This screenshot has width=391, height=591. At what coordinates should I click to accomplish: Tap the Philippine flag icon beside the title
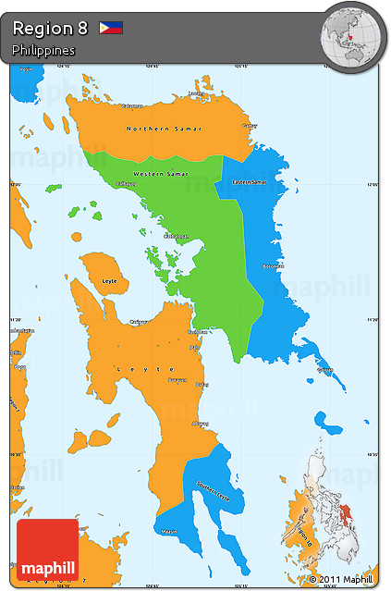[x=111, y=28]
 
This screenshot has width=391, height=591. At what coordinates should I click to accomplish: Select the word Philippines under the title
[x=43, y=50]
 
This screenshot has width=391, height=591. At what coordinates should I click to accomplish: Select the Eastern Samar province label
[x=249, y=182]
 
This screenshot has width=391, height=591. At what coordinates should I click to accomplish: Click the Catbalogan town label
[x=177, y=236]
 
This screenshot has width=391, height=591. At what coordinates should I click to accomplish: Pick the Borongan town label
[x=273, y=266]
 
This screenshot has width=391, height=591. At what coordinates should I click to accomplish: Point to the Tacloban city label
[x=198, y=331]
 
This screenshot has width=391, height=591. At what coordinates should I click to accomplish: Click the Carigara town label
[x=139, y=322]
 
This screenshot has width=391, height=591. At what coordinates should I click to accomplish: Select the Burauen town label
[x=177, y=379]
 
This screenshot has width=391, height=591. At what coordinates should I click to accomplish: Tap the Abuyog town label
[x=200, y=424]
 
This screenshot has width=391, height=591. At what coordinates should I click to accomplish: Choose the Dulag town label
[x=204, y=383]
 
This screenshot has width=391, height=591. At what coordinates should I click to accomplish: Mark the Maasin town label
[x=169, y=531]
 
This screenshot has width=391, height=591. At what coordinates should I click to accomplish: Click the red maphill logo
[x=47, y=550]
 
